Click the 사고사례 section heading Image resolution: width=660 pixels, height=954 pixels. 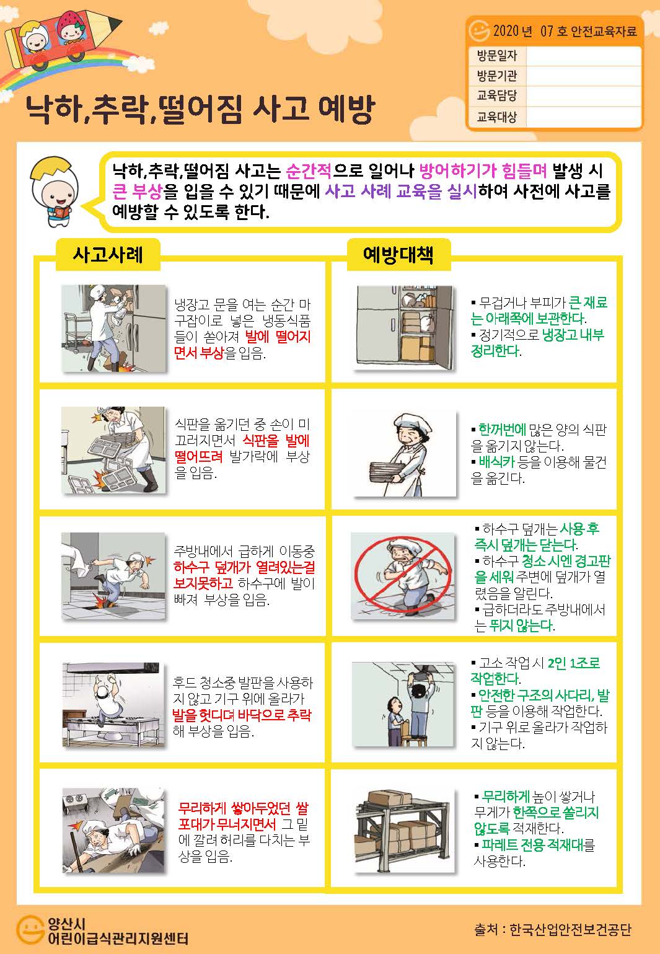click(108, 255)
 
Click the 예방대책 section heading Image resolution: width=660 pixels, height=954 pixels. click(398, 255)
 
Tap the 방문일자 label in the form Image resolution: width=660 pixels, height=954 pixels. click(496, 56)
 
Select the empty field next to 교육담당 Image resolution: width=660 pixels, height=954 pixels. click(583, 96)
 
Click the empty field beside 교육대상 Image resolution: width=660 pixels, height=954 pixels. click(583, 117)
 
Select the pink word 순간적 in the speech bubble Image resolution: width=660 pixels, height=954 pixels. click(308, 171)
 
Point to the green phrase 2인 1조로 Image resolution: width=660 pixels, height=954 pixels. click(574, 663)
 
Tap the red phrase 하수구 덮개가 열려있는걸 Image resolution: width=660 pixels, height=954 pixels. click(244, 567)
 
